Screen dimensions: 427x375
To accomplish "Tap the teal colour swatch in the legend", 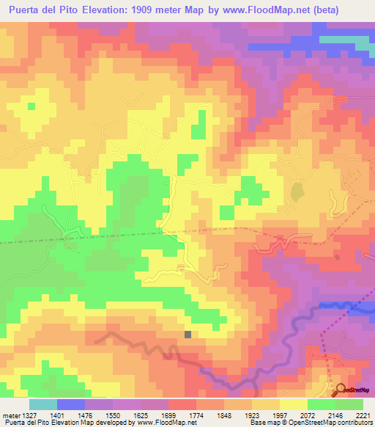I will tap(42, 404).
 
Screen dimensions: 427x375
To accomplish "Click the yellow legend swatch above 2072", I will tap(293, 404).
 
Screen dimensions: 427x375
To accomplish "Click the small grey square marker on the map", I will tap(188, 335).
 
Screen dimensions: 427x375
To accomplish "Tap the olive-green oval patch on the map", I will tap(297, 192).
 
